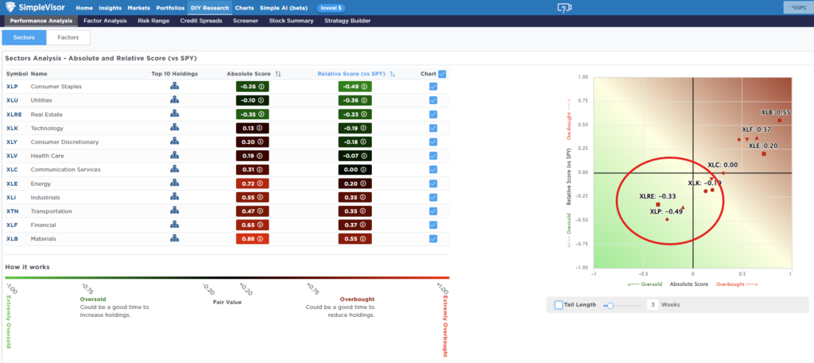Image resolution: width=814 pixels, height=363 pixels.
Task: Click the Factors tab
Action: point(68,37)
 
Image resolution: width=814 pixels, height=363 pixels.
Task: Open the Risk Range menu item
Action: point(153,21)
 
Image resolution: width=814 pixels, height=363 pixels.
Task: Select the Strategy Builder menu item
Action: point(347,21)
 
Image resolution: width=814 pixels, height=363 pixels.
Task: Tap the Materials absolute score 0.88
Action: point(252,239)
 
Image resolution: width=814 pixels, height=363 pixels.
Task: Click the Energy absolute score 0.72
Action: point(252,183)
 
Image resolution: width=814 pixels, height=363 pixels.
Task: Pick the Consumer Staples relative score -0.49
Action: point(355,87)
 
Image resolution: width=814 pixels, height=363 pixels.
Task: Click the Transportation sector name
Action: point(52,211)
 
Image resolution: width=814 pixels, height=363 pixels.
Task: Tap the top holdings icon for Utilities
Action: point(174,100)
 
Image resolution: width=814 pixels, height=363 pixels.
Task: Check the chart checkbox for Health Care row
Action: point(433,156)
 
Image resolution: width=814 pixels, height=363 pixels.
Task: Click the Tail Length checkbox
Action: point(559,305)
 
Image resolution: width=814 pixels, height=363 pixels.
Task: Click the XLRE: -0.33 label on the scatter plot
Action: point(657,196)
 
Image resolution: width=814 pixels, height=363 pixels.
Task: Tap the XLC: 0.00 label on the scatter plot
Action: point(723,165)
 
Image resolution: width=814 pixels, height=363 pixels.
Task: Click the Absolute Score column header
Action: point(250,74)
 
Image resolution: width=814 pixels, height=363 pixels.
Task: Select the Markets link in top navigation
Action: point(138,8)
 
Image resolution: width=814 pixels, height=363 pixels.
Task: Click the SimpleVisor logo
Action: point(36,8)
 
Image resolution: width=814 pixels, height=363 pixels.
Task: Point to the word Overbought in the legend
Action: point(357,299)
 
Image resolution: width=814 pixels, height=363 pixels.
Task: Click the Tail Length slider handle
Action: point(610,305)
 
